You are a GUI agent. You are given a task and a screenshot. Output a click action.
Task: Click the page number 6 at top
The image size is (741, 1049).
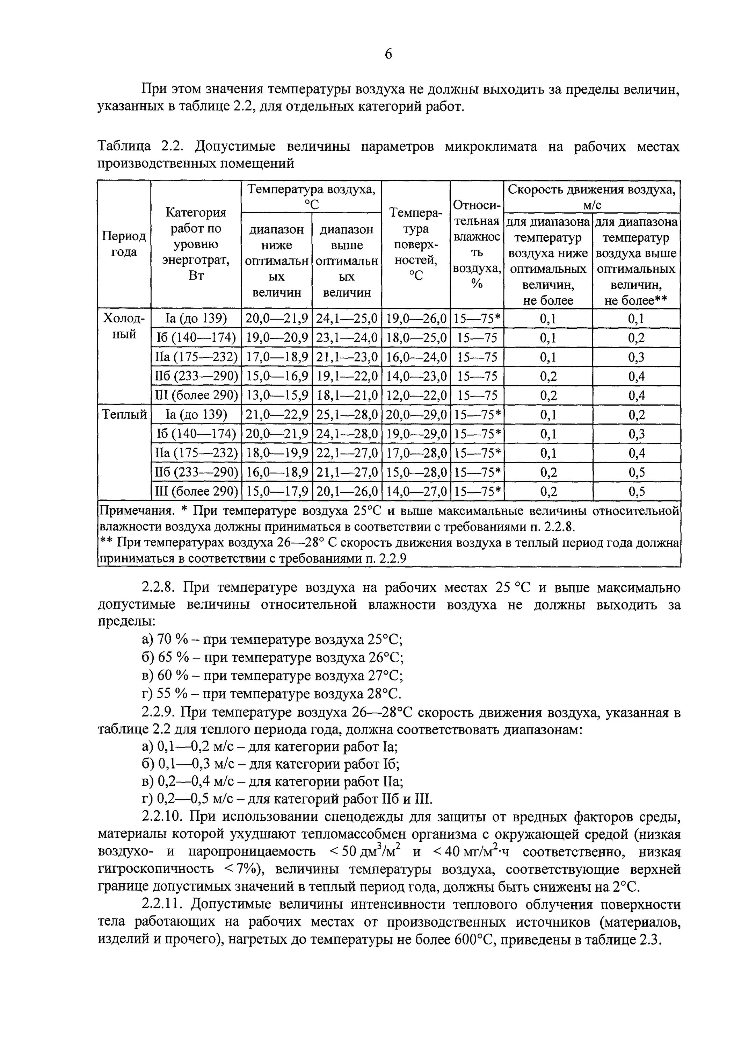tap(388, 54)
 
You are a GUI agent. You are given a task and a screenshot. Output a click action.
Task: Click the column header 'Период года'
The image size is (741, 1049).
tap(124, 244)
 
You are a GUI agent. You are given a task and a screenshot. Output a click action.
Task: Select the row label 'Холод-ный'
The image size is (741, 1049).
tap(124, 326)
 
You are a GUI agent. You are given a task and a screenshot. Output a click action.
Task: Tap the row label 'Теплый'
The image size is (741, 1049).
tap(124, 414)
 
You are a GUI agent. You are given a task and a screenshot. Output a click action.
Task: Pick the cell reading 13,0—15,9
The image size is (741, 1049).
tap(277, 395)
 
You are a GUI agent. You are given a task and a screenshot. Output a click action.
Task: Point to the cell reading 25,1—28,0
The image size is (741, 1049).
tap(347, 415)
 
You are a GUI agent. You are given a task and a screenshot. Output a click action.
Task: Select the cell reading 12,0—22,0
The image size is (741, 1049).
tap(416, 395)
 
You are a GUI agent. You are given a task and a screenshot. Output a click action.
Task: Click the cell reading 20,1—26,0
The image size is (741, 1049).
tap(347, 492)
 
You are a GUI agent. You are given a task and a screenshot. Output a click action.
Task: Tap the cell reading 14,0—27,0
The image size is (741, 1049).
tap(416, 492)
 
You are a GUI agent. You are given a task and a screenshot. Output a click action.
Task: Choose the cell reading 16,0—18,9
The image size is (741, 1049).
tap(277, 472)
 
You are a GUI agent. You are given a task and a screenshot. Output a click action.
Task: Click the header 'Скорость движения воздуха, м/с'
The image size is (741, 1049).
tap(592, 197)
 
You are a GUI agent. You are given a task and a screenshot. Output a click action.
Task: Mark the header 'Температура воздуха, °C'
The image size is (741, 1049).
tap(311, 197)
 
